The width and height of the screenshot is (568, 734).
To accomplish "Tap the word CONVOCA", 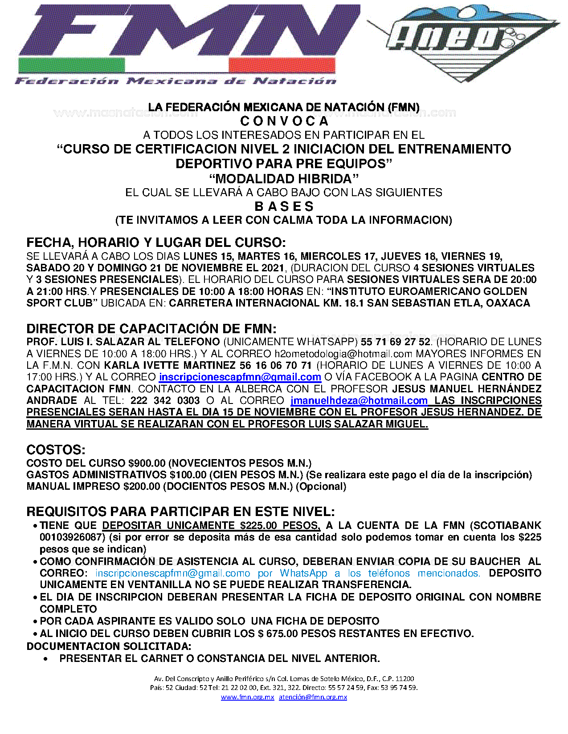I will click(284, 121).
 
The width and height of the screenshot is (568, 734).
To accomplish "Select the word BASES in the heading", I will click(284, 206).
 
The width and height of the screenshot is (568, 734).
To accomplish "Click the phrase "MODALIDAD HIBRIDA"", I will click(284, 178).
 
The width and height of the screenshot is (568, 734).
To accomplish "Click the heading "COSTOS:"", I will click(56, 449).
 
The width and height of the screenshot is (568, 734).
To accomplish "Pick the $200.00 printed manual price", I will click(142, 486).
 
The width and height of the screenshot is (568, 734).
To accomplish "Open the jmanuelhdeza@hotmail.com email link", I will click(359, 400).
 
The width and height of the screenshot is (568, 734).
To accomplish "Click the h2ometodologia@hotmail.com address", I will click(343, 354).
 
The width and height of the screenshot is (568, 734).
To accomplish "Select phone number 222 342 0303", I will click(165, 400).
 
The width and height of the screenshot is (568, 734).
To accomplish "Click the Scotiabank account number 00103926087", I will click(72, 537).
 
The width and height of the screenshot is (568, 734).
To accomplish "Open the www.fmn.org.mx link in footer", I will click(247, 697).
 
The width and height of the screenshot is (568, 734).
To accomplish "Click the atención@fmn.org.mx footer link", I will click(313, 697).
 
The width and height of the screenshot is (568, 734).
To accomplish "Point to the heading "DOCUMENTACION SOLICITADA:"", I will click(109, 646).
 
